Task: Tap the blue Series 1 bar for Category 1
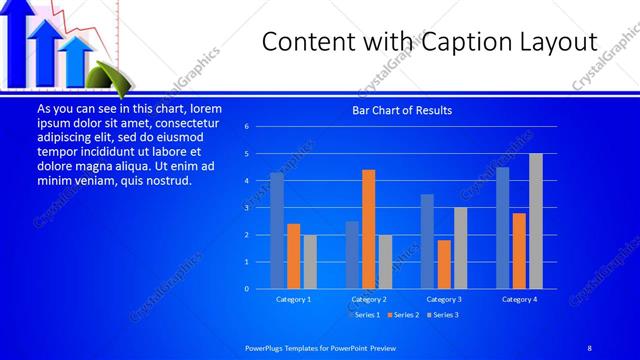pyautogui.click(x=277, y=231)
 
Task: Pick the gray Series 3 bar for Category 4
pyautogui.click(x=536, y=221)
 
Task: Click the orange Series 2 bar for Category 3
pyautogui.click(x=444, y=264)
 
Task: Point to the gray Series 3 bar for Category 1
pyautogui.click(x=310, y=262)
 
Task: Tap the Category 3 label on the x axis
pyautogui.click(x=444, y=299)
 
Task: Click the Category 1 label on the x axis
pyautogui.click(x=294, y=299)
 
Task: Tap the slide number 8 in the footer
pyautogui.click(x=589, y=346)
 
